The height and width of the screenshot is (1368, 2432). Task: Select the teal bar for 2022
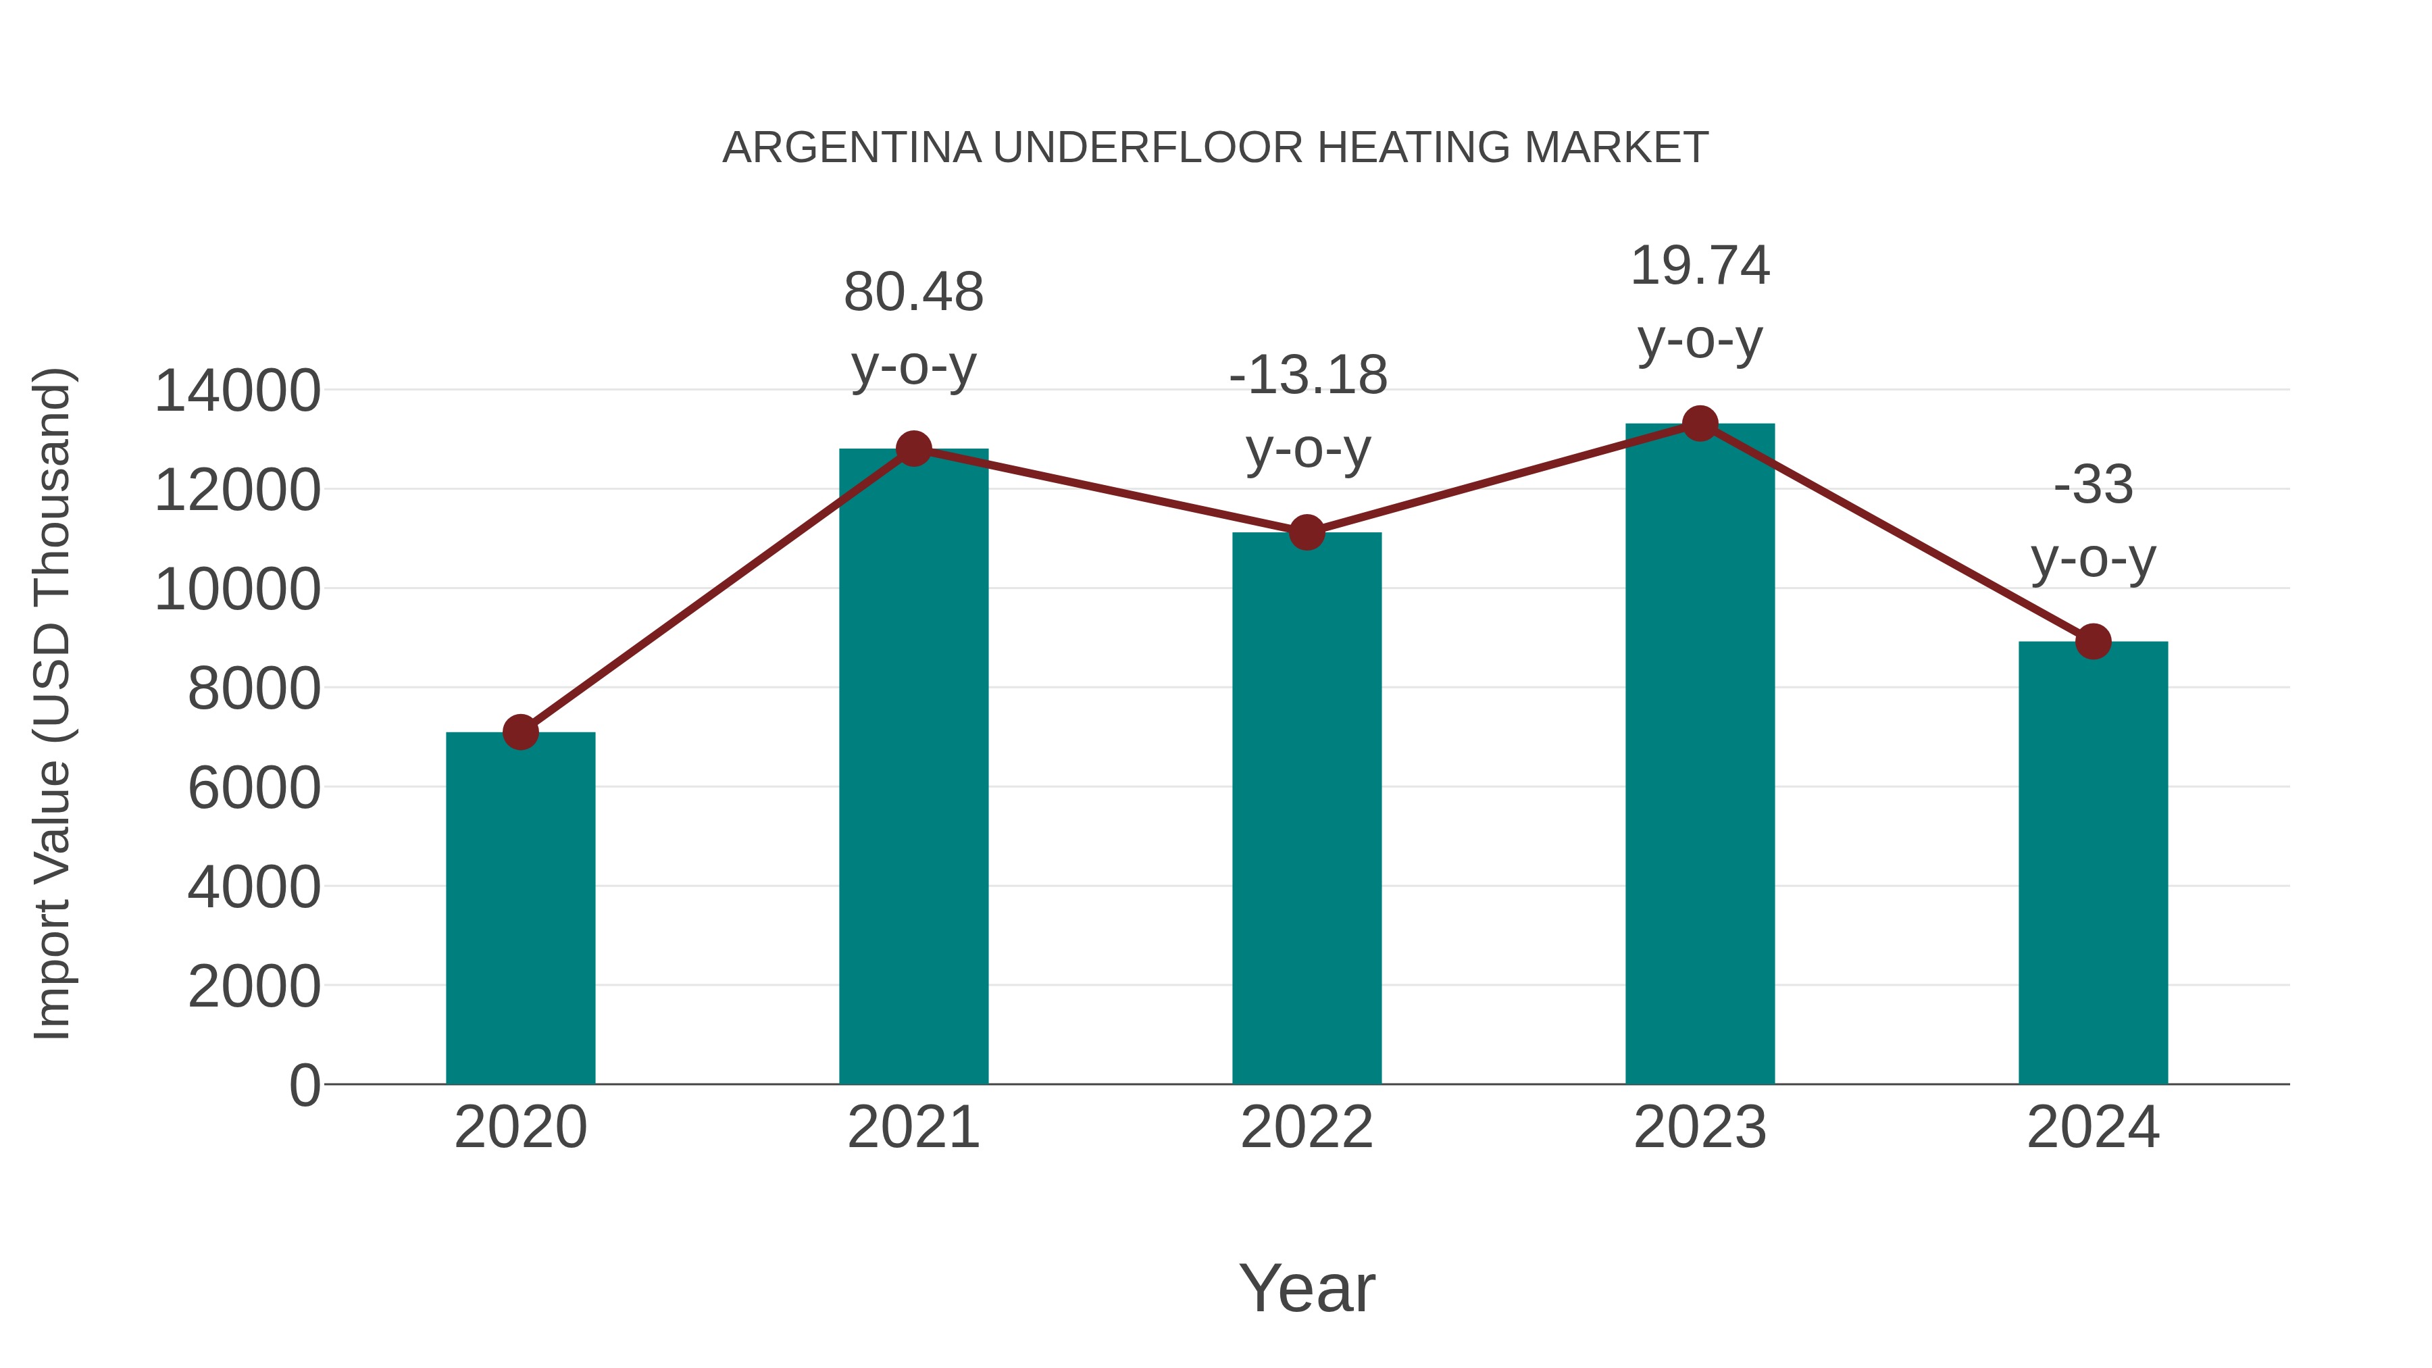tap(1307, 807)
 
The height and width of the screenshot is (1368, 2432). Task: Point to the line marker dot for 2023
tap(1700, 424)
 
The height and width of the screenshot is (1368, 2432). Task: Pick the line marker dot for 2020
tap(520, 732)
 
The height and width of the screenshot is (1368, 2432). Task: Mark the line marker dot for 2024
tap(2093, 642)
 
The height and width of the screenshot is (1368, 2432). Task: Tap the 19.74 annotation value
tap(1700, 265)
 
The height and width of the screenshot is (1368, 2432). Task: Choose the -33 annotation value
tap(2093, 484)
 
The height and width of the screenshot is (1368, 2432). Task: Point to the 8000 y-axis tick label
tap(254, 688)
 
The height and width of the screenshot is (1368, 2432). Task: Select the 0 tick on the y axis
tap(305, 1085)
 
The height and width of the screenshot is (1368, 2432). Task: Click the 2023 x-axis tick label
tap(1700, 1128)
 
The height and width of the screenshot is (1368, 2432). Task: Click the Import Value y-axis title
tap(52, 703)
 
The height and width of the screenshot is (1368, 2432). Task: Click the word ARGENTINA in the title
tap(853, 147)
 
